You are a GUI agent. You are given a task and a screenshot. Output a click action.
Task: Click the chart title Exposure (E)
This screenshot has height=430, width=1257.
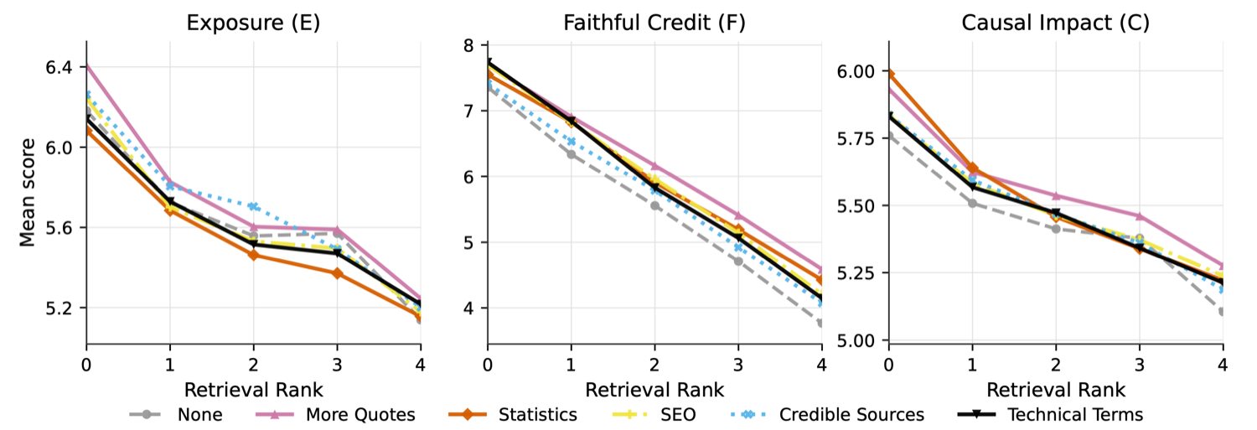point(253,23)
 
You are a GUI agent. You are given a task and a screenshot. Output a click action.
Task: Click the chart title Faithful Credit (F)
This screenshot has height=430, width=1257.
point(654,23)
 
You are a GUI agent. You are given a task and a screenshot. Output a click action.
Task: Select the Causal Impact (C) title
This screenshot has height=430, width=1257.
point(1056,23)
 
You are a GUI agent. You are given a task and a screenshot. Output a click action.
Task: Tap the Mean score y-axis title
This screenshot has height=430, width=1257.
point(27,193)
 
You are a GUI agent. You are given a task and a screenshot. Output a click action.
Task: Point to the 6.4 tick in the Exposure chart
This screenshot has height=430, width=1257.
point(59,67)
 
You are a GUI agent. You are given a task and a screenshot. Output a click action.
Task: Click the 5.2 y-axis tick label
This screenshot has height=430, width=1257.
point(59,308)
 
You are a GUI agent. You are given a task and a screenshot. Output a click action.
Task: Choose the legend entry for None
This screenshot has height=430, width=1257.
point(176,415)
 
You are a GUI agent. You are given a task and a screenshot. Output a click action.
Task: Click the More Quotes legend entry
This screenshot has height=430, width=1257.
point(335,415)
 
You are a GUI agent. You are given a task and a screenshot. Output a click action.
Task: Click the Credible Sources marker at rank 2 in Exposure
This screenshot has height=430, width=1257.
point(253,206)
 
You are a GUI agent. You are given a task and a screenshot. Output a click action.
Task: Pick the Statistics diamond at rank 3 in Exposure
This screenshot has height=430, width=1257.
point(337,273)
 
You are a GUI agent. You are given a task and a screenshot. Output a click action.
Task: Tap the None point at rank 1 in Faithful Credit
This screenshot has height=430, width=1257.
point(572,154)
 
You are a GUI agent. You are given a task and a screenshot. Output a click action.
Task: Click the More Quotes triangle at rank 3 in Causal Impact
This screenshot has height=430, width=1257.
point(1139,216)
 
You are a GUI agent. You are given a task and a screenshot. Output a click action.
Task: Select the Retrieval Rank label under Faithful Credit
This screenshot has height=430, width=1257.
point(654,390)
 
